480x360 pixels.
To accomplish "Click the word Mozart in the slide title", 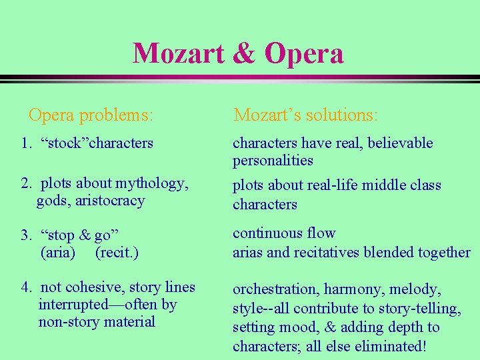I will [x=178, y=53].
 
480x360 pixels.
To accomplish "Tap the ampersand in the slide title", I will [x=244, y=53].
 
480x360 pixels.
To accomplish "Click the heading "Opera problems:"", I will [x=91, y=115].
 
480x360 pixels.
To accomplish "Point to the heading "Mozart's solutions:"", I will [x=305, y=115].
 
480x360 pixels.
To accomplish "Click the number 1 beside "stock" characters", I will [x=24, y=143].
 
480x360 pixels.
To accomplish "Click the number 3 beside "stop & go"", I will [x=25, y=235].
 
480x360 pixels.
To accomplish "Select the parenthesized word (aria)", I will [x=58, y=253].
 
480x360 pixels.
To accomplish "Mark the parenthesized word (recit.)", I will [x=117, y=253].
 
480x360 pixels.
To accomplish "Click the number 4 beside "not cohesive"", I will [x=25, y=287].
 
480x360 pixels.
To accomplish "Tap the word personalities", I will [x=273, y=161].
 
